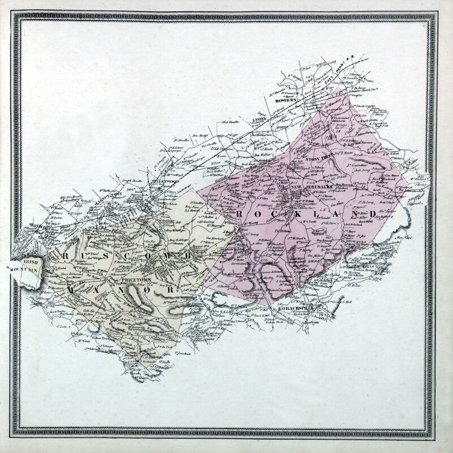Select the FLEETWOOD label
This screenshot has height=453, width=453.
(164, 181)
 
